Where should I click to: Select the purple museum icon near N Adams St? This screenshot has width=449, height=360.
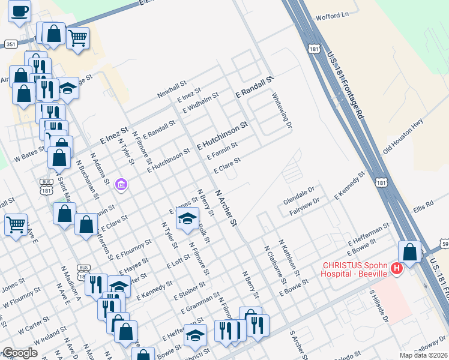point(122,184)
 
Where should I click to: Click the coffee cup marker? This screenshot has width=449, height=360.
point(19,11)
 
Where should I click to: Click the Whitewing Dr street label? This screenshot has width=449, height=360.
point(282,111)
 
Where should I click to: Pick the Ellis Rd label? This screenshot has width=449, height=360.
point(422,207)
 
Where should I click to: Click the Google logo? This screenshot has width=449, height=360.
point(20,353)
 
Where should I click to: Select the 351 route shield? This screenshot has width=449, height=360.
point(11,44)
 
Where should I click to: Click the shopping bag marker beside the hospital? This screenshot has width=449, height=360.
point(409,253)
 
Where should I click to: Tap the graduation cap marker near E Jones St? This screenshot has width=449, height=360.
point(187,219)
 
